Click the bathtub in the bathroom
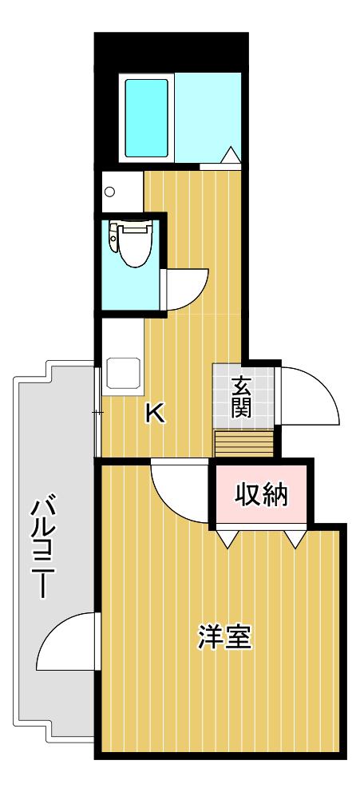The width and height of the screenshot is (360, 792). (146, 117)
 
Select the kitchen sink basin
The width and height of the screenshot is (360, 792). (123, 374)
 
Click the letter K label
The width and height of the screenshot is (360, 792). (155, 414)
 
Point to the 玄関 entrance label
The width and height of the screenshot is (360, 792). (241, 398)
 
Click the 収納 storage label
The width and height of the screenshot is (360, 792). (261, 496)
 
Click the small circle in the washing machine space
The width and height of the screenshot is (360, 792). (109, 192)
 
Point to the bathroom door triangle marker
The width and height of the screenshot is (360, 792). (230, 155)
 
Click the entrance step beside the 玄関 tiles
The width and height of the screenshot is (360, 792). (244, 443)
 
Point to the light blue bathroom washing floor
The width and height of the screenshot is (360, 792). (208, 117)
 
